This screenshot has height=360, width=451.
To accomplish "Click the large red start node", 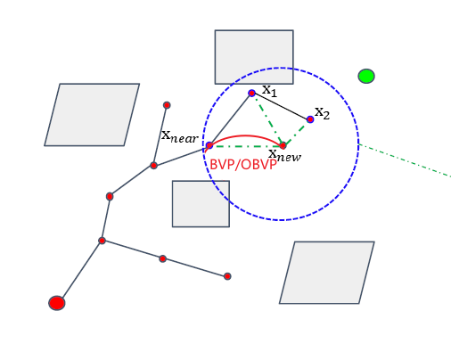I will (57, 303).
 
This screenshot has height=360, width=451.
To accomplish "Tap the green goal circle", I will (366, 76).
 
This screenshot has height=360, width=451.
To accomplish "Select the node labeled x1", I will (252, 93).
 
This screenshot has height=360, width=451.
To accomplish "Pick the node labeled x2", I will (310, 119).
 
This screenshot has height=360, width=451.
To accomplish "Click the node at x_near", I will (209, 145).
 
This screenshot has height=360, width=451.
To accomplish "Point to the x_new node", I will (283, 145).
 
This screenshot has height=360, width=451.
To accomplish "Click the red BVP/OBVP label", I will (243, 165).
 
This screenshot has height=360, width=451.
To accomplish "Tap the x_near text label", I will (179, 135).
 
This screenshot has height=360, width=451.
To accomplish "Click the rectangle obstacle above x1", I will (254, 57).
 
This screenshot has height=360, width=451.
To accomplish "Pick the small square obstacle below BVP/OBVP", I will (201, 204).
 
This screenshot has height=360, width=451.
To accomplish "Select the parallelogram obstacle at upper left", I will (92, 115).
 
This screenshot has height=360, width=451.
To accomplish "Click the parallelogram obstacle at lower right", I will (327, 273).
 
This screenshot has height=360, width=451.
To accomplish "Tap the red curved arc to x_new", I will (248, 136).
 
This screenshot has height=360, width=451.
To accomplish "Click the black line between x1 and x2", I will (282, 106).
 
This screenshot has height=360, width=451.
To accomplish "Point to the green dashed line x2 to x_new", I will (297, 132).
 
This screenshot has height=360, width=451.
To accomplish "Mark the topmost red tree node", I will (167, 105).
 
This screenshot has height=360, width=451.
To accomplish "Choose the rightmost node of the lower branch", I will (227, 276).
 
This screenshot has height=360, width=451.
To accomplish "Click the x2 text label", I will (322, 113).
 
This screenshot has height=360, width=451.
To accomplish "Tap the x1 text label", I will (269, 91).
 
